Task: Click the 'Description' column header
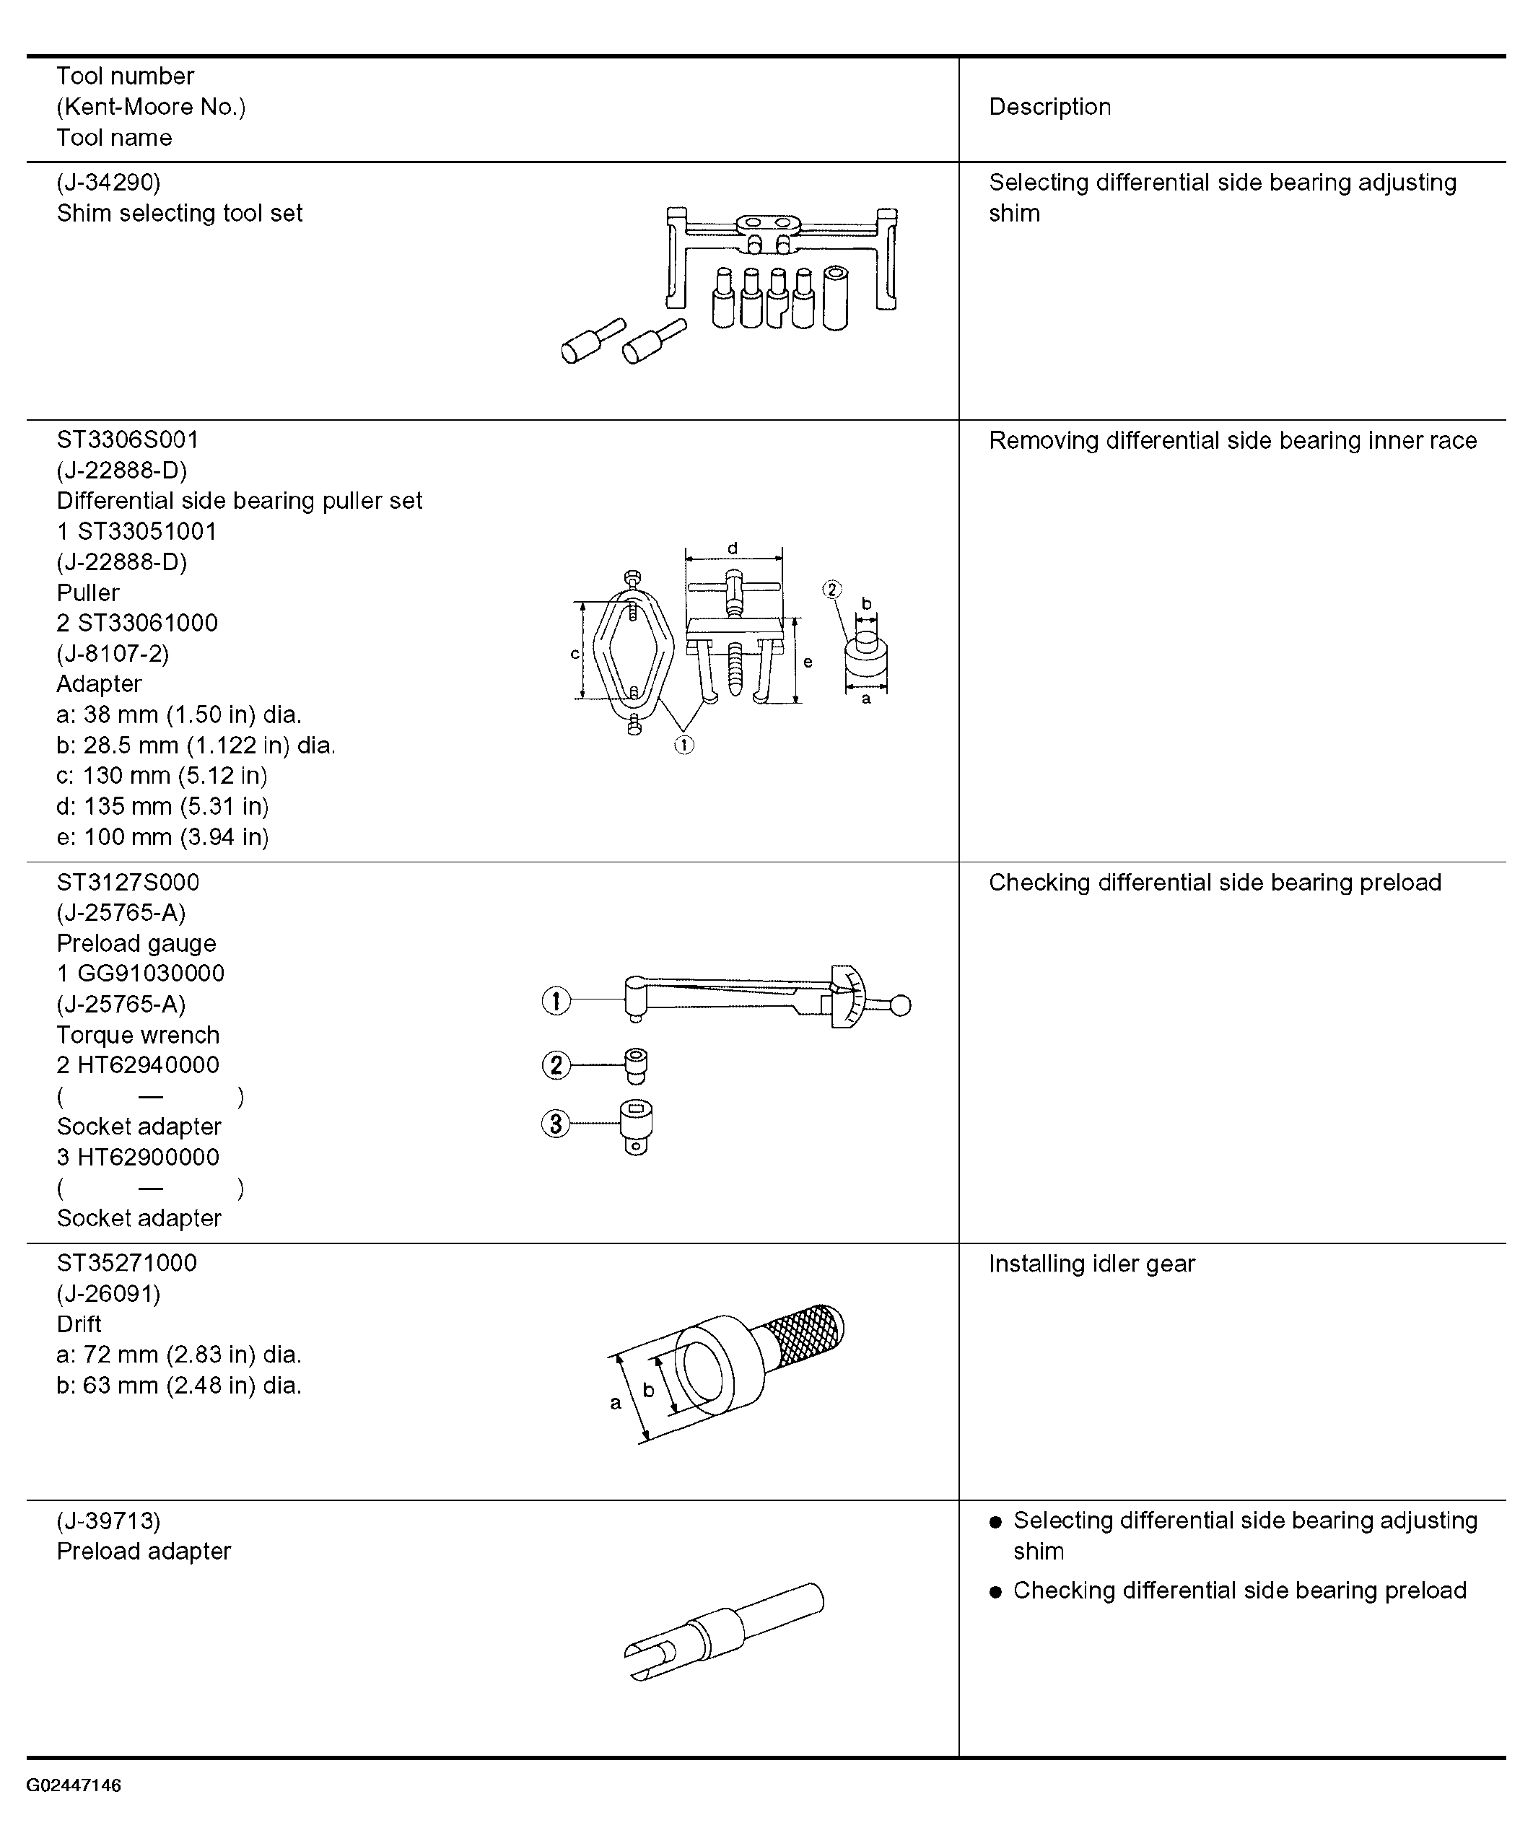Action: tap(1049, 108)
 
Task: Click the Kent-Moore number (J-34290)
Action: tap(109, 183)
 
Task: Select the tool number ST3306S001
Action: tap(128, 439)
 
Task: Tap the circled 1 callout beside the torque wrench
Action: tap(556, 1000)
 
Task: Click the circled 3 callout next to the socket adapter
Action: tap(556, 1124)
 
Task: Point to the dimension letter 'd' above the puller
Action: tap(733, 548)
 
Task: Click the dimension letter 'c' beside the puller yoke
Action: tap(575, 654)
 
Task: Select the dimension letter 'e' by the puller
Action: tap(808, 662)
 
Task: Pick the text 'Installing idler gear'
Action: tap(1092, 1264)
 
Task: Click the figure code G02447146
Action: tap(74, 1785)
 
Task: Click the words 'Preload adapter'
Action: tap(144, 1552)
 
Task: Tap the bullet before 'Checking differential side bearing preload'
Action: tap(995, 1592)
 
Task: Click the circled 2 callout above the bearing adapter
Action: tap(831, 589)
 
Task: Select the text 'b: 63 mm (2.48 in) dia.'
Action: tap(179, 1386)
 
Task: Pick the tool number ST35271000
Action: tap(128, 1263)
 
